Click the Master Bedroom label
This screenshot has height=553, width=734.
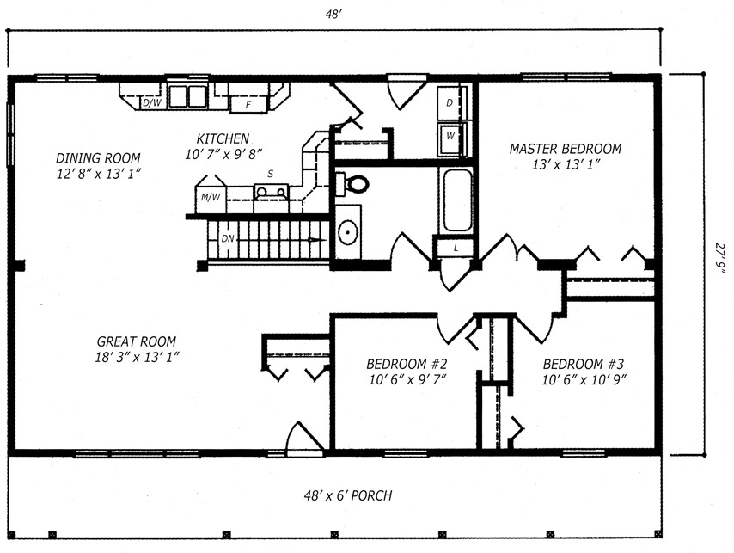pos(566,149)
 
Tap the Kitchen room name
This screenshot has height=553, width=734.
pos(223,138)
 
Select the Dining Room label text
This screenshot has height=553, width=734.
pos(98,157)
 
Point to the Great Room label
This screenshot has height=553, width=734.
pos(137,341)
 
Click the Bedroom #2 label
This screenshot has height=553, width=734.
pos(407,364)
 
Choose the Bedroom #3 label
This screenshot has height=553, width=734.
pos(584,364)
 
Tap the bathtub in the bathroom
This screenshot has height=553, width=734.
pos(457,200)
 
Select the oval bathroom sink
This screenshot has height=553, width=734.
pos(348,232)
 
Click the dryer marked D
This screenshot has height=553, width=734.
pos(450,102)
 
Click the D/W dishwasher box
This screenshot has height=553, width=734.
pos(152,102)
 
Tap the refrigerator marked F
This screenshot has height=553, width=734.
pos(248,105)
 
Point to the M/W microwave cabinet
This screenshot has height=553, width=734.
pos(211,198)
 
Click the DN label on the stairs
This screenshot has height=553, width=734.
pos(228,239)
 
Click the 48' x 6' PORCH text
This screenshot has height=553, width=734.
pos(348,495)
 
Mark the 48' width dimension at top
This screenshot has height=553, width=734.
pos(332,15)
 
